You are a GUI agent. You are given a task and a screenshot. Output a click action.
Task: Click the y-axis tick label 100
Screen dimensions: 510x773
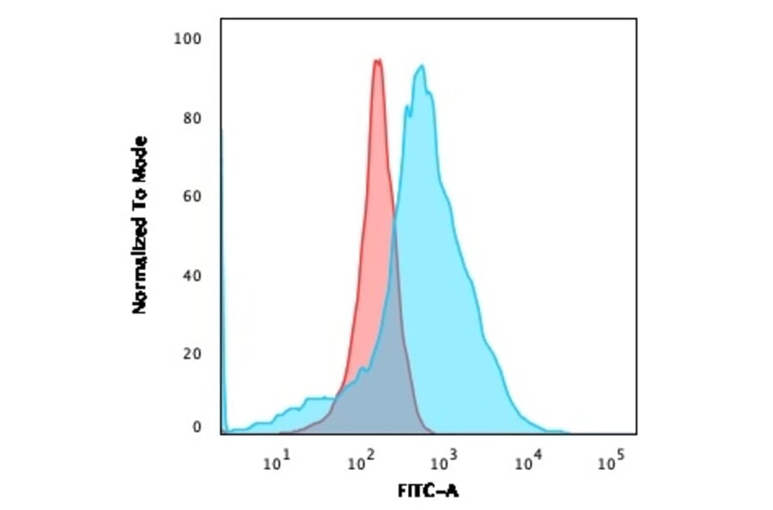pyautogui.click(x=186, y=39)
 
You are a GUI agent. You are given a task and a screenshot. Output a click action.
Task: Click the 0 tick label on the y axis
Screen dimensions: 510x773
pyautogui.click(x=197, y=427)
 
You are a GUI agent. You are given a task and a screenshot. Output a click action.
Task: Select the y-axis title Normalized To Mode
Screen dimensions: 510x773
pyautogui.click(x=139, y=225)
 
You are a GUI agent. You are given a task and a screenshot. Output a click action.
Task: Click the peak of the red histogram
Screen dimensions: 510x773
pyautogui.click(x=377, y=60)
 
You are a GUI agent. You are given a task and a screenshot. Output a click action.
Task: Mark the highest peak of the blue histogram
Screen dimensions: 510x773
pyautogui.click(x=421, y=66)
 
